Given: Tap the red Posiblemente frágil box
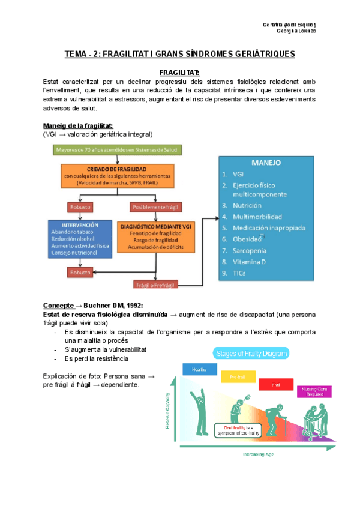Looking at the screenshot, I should click(x=154, y=207).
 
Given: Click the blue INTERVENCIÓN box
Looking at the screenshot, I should click(x=79, y=238).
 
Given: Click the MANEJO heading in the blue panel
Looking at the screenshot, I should click(x=266, y=163).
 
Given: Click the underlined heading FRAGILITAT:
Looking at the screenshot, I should click(x=179, y=73).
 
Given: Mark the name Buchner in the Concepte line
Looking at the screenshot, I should click(x=97, y=306).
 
